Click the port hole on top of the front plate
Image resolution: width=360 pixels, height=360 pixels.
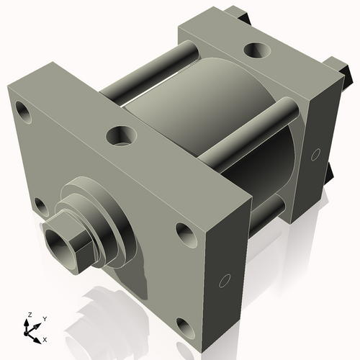(121, 135)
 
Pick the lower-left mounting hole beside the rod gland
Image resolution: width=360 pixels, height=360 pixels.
(42, 207)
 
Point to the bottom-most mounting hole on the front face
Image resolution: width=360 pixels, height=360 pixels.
(185, 328)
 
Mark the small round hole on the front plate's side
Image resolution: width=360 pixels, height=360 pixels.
(224, 279)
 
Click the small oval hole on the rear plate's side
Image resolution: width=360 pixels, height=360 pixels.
(315, 153)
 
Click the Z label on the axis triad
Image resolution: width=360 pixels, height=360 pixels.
(29, 315)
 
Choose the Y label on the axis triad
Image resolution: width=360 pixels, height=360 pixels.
(44, 318)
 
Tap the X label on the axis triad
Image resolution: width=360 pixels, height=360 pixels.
(45, 338)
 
